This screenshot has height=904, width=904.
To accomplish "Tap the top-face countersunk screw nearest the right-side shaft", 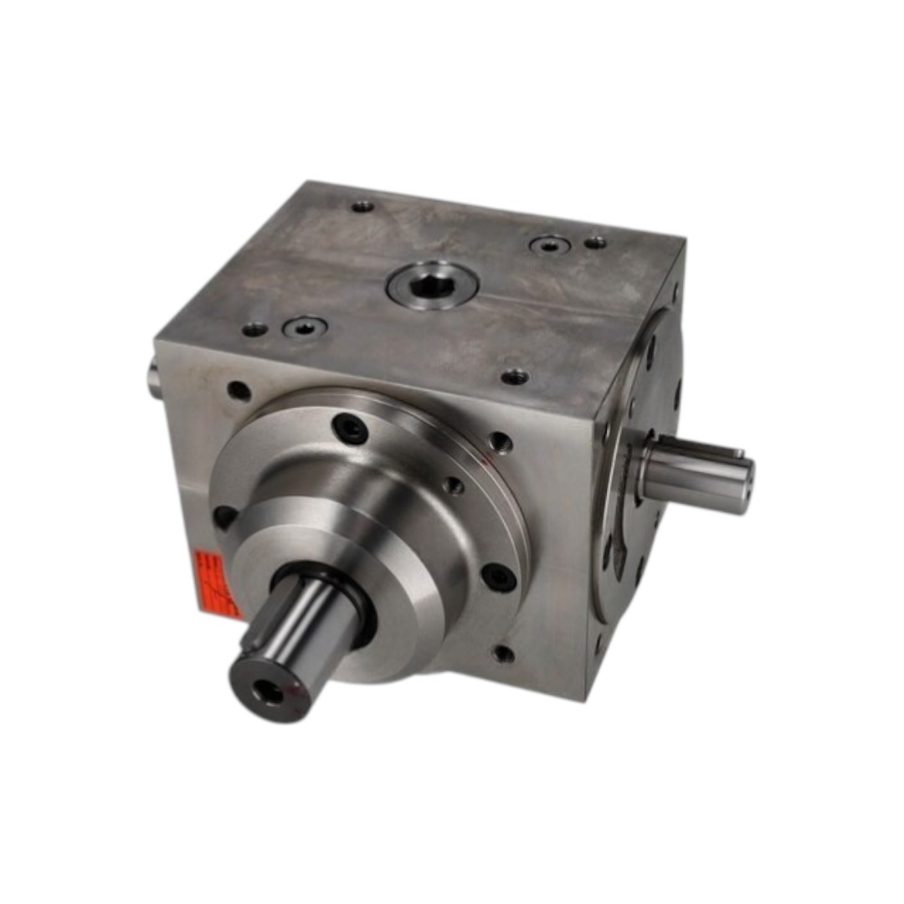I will click(550, 245).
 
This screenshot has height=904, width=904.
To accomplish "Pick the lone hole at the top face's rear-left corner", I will click(362, 206).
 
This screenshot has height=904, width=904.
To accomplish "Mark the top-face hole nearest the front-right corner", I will click(514, 378).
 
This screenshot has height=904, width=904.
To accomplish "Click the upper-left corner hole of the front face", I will click(239, 390).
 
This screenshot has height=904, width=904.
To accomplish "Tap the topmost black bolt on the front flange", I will click(350, 429).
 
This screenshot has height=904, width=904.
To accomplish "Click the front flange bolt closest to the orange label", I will click(224, 516).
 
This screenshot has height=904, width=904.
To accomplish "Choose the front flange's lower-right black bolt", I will click(498, 577).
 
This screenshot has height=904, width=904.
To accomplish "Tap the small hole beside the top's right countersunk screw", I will click(595, 242).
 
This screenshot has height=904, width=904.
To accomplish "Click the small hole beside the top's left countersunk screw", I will click(254, 330).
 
